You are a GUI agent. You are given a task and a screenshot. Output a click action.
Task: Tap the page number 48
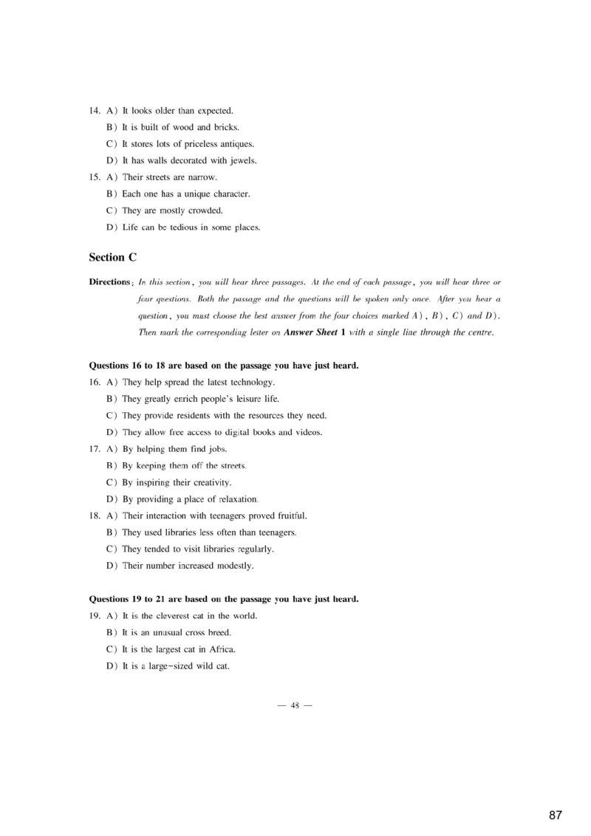coord(295,705)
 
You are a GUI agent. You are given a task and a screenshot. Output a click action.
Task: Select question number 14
coord(95,111)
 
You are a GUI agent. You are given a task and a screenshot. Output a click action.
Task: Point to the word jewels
coord(242,160)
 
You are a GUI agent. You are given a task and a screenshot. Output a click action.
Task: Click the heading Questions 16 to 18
coord(224,366)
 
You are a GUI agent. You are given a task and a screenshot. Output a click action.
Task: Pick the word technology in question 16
coord(251,383)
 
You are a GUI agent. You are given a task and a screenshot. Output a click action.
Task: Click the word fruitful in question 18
coord(290,515)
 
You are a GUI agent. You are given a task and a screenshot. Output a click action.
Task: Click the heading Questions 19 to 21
coord(224,599)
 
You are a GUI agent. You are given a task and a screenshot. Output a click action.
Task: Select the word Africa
coord(222,649)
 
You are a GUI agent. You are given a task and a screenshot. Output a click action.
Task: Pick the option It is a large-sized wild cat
coord(176,666)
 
